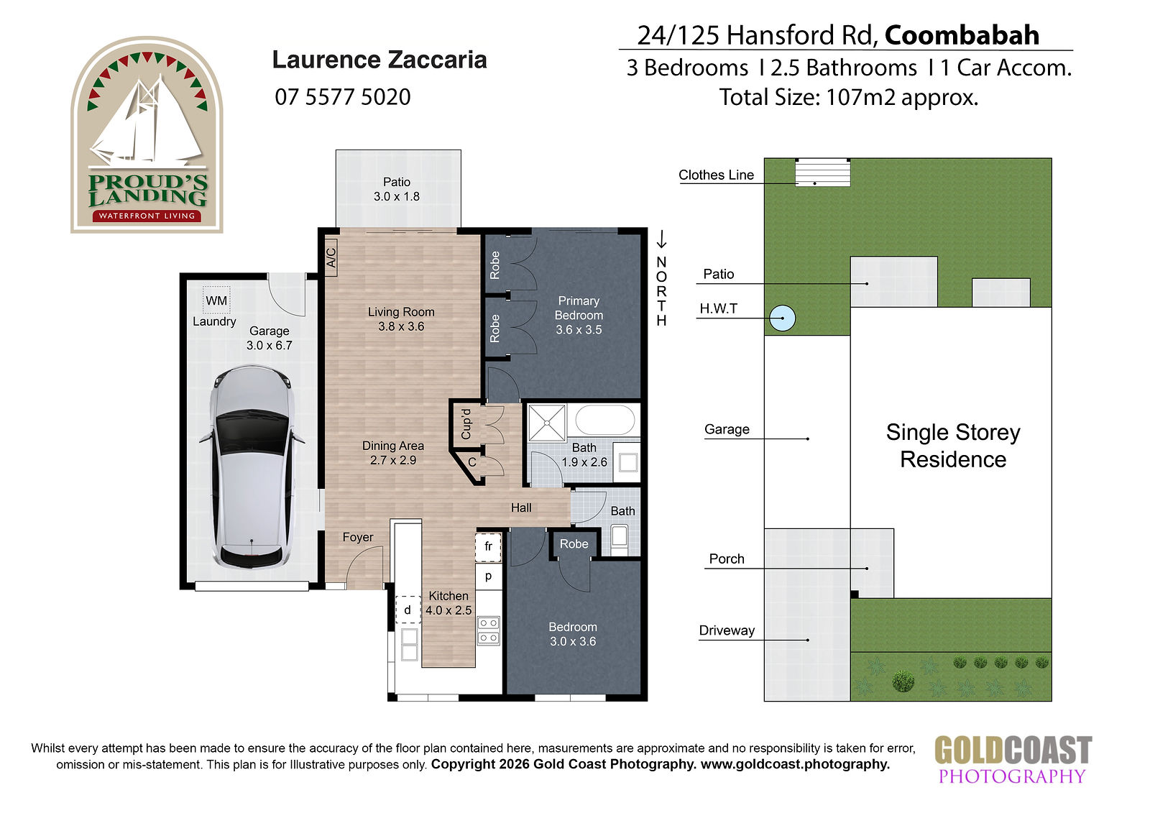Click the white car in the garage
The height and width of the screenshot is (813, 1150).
(252, 467)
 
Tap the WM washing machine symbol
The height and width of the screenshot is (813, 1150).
(216, 300)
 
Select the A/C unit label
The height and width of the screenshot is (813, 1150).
(331, 257)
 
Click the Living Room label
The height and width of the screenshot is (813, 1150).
(401, 319)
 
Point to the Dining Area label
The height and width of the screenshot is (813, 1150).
(393, 453)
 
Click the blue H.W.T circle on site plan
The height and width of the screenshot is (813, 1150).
(783, 318)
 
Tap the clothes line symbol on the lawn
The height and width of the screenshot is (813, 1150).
(822, 172)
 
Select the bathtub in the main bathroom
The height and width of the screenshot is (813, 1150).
(605, 421)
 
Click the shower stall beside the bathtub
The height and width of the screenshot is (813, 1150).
(547, 423)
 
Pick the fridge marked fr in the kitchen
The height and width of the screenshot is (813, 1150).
(488, 546)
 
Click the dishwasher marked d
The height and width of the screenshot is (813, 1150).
(408, 610)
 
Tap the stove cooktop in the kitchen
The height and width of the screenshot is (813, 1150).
(488, 630)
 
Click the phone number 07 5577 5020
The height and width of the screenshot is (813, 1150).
(342, 97)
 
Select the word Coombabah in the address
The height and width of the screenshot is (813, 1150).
(962, 35)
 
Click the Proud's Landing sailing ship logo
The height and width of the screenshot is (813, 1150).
(147, 134)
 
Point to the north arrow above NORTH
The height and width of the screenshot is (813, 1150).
(662, 240)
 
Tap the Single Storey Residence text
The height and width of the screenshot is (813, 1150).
(953, 446)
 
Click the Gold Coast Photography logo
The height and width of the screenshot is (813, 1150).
(1013, 760)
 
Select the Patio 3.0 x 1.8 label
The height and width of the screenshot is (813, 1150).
(397, 189)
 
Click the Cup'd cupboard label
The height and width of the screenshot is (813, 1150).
(466, 424)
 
